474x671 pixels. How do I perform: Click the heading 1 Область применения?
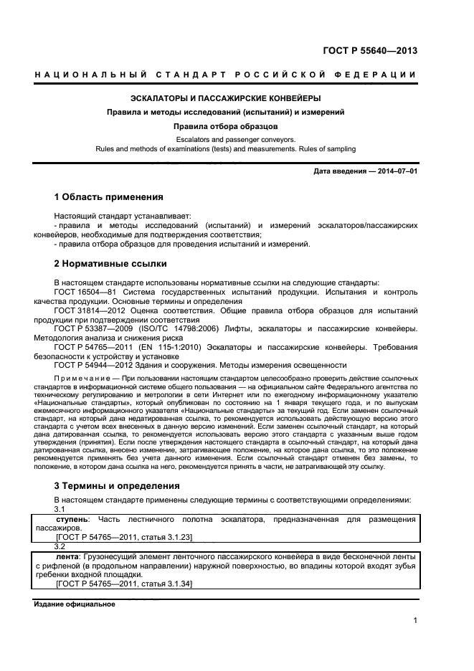click(109, 196)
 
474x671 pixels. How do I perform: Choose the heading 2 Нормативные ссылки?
click(110, 264)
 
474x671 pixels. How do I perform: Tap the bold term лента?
click(68, 557)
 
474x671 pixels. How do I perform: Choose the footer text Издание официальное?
click(75, 604)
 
